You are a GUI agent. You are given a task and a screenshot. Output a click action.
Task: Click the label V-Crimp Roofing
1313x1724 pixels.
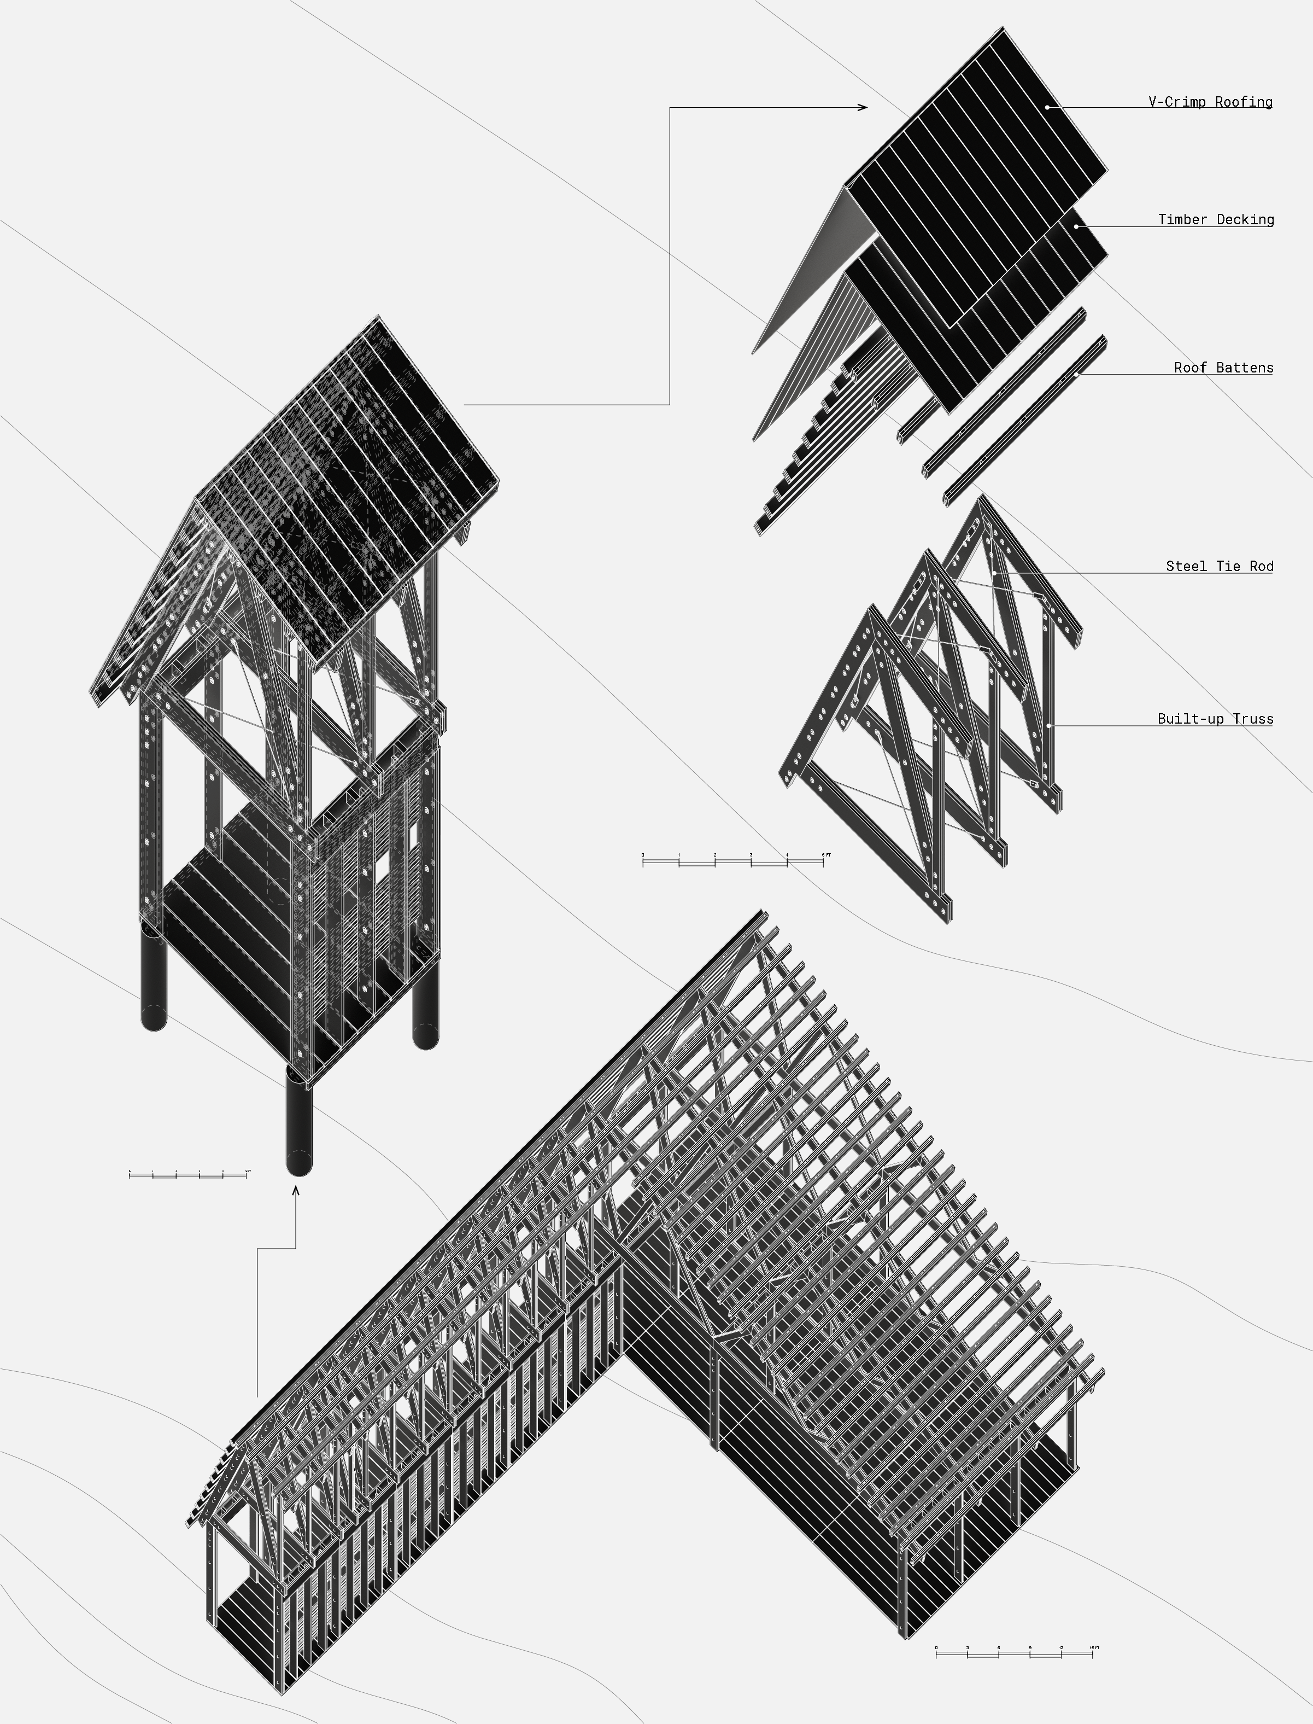[1210, 102]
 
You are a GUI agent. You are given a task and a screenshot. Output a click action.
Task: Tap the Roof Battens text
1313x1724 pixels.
[1223, 368]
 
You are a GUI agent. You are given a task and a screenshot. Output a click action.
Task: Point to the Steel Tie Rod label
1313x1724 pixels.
[1219, 566]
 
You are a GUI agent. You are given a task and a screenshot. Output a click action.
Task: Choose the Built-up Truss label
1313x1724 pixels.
[1215, 719]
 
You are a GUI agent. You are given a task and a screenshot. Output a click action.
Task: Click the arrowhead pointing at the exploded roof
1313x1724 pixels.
[863, 107]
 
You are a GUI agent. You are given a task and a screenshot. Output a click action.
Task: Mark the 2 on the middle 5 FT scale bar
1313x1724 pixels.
[714, 854]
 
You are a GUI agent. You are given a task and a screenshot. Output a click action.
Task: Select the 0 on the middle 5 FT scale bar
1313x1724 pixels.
[643, 854]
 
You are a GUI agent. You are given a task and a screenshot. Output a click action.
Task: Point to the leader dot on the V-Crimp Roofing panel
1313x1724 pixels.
[1046, 106]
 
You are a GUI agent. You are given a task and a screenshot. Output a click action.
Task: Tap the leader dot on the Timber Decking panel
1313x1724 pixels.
[1076, 226]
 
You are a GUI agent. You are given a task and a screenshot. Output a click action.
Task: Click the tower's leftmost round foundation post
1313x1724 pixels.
[153, 977]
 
